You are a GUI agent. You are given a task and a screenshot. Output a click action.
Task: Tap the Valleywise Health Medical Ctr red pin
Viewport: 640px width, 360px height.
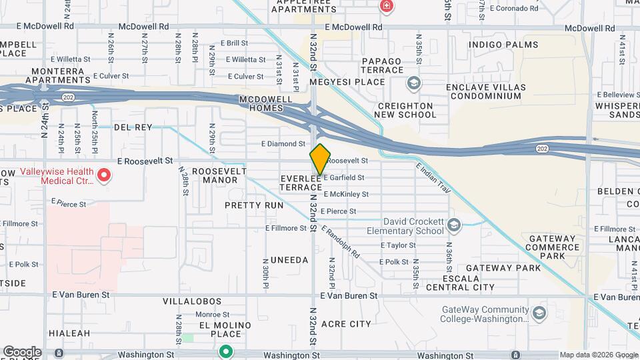click(103, 175)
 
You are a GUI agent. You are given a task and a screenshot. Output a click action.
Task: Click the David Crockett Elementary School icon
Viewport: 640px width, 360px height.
click(455, 225)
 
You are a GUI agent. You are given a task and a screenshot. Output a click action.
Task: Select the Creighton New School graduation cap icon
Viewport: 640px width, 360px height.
click(414, 83)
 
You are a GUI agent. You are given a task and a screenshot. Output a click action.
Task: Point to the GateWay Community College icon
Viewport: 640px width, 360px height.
click(539, 313)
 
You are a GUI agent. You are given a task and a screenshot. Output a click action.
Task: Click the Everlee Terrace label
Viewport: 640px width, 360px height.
click(301, 183)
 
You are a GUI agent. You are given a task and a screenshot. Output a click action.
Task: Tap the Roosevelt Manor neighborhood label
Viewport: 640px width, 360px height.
click(215, 175)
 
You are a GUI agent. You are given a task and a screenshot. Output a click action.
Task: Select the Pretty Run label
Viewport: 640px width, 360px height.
click(254, 205)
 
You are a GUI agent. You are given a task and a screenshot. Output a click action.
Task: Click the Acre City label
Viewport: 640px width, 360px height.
click(346, 324)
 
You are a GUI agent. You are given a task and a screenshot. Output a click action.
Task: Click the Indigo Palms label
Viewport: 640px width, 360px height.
click(503, 45)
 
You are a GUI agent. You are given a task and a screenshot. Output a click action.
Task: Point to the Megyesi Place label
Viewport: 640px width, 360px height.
click(350, 83)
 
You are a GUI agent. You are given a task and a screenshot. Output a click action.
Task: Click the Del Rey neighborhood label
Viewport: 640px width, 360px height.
click(133, 127)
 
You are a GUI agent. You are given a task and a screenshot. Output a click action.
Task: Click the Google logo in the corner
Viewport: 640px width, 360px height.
click(22, 351)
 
